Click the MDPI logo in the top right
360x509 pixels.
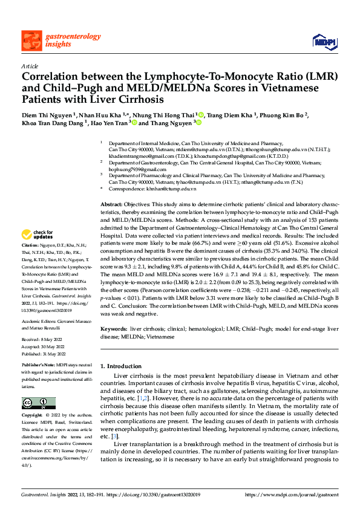pyautogui.click(x=323, y=41)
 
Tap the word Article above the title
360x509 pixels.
pyautogui.click(x=30, y=66)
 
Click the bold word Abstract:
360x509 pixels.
pyautogui.click(x=111, y=206)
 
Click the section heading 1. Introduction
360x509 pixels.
pyautogui.click(x=120, y=366)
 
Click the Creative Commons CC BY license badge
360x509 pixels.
pyautogui.click(x=39, y=403)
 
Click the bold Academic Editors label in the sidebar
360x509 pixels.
pyautogui.click(x=38, y=322)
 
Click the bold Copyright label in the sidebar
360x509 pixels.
pyautogui.click(x=32, y=416)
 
